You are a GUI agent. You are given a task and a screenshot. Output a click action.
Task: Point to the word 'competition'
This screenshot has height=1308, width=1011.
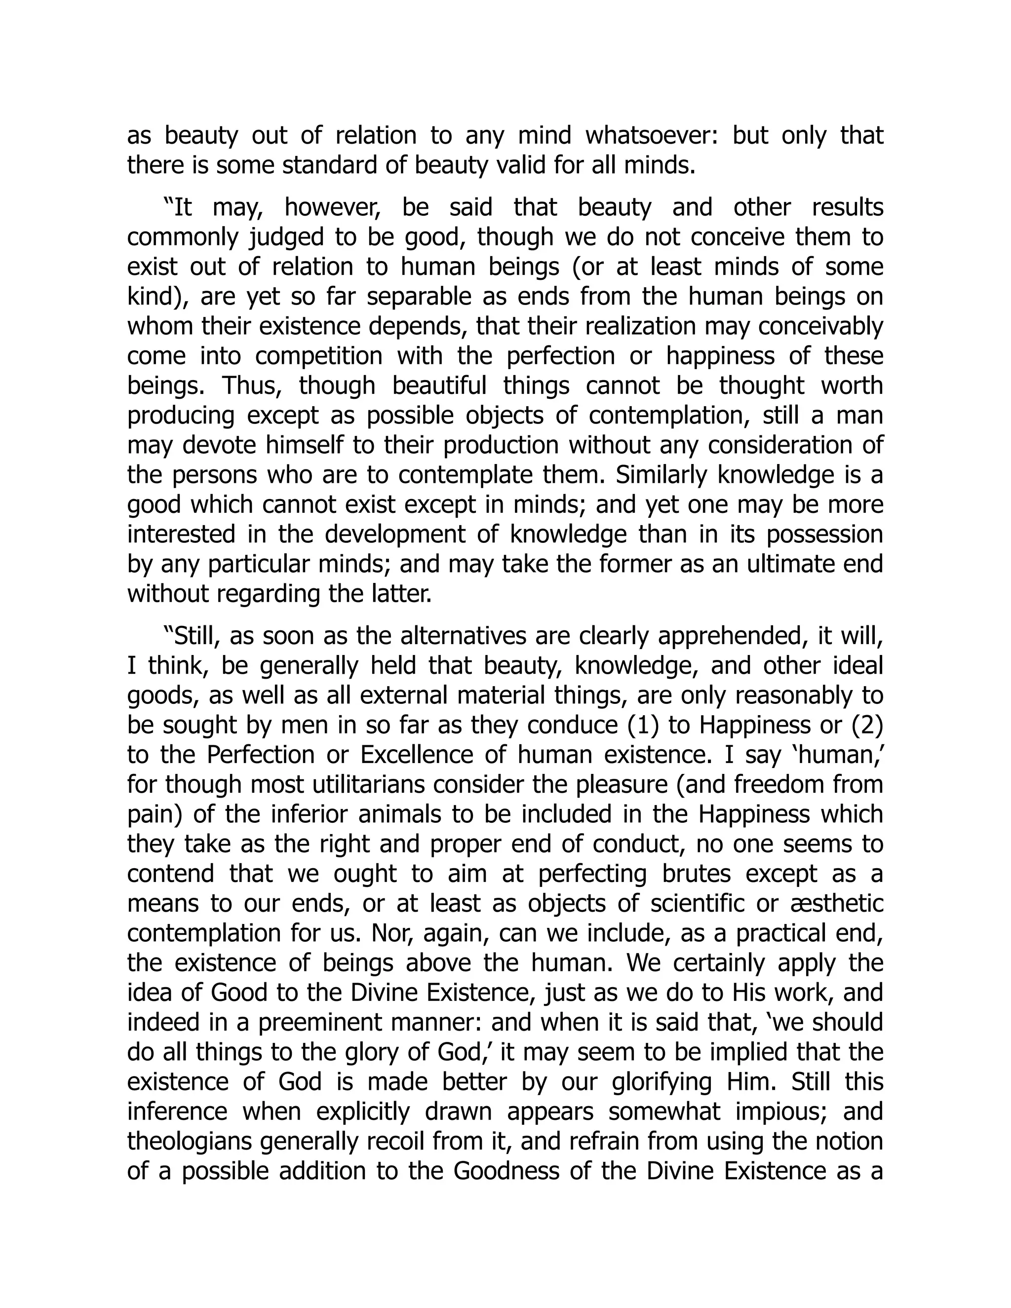[x=318, y=356]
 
